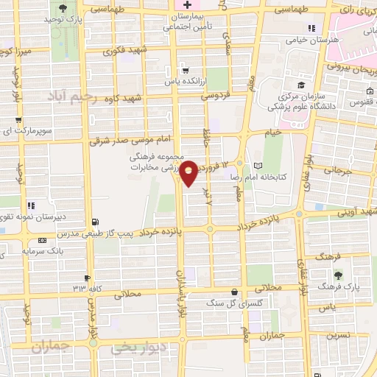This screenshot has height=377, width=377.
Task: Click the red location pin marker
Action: [x=189, y=172]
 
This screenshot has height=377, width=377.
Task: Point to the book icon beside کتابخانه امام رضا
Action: [x=257, y=166]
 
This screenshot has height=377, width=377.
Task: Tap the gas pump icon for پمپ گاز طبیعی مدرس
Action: [x=96, y=221]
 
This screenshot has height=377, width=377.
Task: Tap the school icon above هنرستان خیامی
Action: [x=311, y=29]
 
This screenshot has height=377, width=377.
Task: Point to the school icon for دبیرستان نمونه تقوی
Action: [x=30, y=205]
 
